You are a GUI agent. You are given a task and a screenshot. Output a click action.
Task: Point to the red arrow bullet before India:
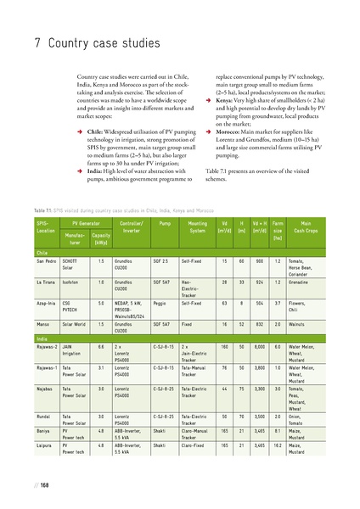coord(79,170)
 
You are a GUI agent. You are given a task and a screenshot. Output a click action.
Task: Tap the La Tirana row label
coord(46,280)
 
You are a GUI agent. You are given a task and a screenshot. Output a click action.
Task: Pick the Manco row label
coord(42,322)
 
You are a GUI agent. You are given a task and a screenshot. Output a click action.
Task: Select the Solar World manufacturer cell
coord(75,322)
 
